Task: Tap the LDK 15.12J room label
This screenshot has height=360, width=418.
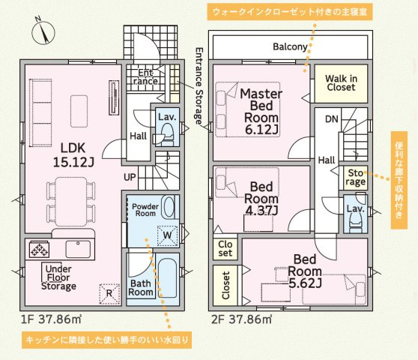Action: click(73, 155)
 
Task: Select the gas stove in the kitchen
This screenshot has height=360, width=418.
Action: click(39, 249)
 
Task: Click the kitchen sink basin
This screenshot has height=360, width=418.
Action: click(78, 249)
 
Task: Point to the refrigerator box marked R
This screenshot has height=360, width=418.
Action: click(109, 294)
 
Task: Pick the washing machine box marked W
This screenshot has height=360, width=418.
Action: click(167, 235)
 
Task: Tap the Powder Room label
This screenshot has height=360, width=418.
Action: click(145, 210)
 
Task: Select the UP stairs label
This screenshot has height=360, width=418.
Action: click(130, 177)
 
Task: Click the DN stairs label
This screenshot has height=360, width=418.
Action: click(332, 119)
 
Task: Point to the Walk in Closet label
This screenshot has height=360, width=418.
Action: click(342, 83)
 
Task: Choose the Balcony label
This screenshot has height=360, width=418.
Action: click(290, 47)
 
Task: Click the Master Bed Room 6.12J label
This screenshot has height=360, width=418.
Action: click(261, 112)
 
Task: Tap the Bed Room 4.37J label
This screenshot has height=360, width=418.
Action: click(261, 198)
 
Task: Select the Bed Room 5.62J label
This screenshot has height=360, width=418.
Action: click(305, 271)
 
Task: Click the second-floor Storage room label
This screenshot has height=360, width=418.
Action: click(356, 178)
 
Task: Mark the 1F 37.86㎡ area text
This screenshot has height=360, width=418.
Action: click(51, 319)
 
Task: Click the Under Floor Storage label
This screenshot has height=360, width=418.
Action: click(58, 277)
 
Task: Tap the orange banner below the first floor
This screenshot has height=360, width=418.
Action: click(106, 340)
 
